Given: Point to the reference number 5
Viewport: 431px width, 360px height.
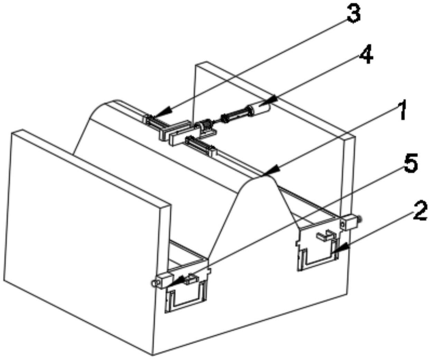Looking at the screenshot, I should pyautogui.click(x=410, y=164).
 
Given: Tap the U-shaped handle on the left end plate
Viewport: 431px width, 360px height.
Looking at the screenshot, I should pyautogui.click(x=187, y=297).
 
